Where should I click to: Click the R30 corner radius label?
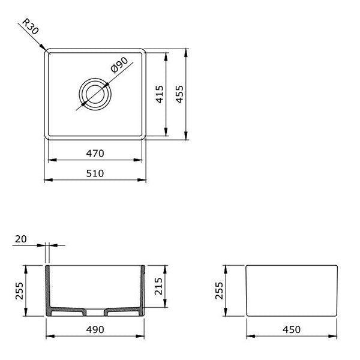[31, 28]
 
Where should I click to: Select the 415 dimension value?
[159, 94]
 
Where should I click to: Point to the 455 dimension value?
[179, 94]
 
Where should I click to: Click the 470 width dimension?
[95, 154]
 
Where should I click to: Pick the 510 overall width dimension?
[95, 173]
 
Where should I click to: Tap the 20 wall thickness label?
[20, 239]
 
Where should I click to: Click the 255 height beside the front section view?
[19, 290]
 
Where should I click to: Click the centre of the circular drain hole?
[95, 94]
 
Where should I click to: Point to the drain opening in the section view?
[95, 311]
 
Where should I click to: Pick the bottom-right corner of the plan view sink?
[144, 137]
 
